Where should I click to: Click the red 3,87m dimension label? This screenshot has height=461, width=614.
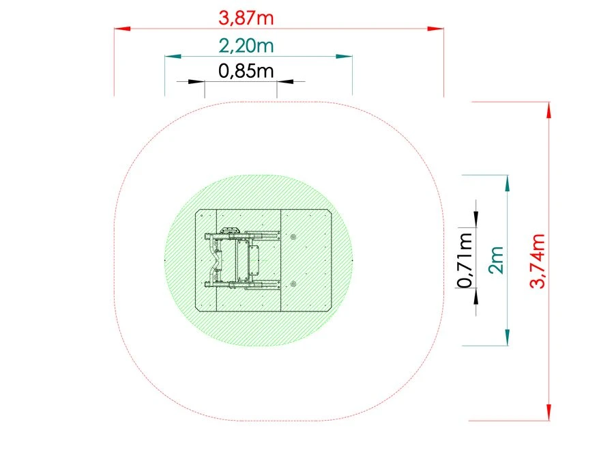[246, 18]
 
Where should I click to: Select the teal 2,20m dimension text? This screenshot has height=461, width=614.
[246, 46]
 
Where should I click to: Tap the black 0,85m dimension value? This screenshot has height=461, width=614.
[246, 71]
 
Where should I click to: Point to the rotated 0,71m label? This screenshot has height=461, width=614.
[465, 260]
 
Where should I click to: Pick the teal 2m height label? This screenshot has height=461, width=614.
[496, 260]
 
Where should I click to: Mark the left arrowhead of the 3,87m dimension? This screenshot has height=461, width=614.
[122, 29]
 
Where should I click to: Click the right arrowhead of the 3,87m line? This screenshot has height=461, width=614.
[435, 29]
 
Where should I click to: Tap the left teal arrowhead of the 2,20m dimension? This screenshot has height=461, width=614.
[173, 57]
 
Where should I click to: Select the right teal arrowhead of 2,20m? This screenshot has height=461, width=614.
[344, 57]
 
